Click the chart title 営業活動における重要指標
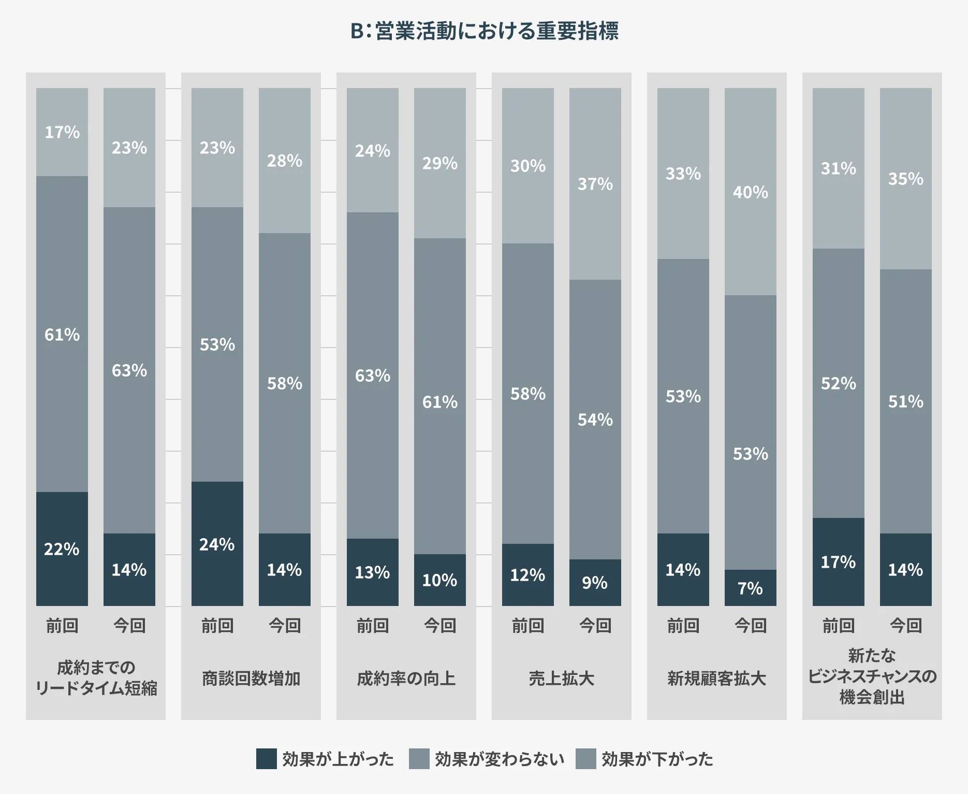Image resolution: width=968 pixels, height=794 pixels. click(x=484, y=31)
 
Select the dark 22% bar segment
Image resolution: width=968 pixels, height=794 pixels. click(x=62, y=548)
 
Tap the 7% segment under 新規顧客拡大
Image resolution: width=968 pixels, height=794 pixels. click(x=750, y=588)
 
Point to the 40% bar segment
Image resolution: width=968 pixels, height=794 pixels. click(x=750, y=192)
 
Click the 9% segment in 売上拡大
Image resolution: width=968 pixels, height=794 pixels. click(x=595, y=583)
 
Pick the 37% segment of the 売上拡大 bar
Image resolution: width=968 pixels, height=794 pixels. click(x=595, y=184)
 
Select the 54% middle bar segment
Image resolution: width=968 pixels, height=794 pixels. click(x=595, y=420)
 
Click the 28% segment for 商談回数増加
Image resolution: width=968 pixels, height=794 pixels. click(x=284, y=161)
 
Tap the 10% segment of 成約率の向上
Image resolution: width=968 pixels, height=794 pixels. click(x=439, y=580)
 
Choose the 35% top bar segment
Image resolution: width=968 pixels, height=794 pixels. click(x=905, y=179)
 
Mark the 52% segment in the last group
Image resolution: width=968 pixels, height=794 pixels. click(x=838, y=383)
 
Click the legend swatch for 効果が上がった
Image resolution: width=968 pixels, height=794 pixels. click(x=267, y=759)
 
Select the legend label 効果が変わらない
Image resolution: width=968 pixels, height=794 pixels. click(x=499, y=759)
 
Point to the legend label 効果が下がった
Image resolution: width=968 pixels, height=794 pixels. click(x=657, y=759)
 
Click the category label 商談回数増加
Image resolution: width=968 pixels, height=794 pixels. click(x=251, y=678)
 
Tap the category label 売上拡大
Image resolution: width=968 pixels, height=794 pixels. click(x=562, y=678)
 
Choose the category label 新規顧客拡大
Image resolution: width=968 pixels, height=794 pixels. click(x=717, y=678)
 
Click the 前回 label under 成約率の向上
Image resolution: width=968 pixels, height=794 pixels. click(x=373, y=626)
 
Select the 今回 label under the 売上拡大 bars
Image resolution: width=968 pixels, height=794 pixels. click(x=595, y=626)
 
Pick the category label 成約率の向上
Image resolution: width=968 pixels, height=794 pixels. click(x=406, y=678)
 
